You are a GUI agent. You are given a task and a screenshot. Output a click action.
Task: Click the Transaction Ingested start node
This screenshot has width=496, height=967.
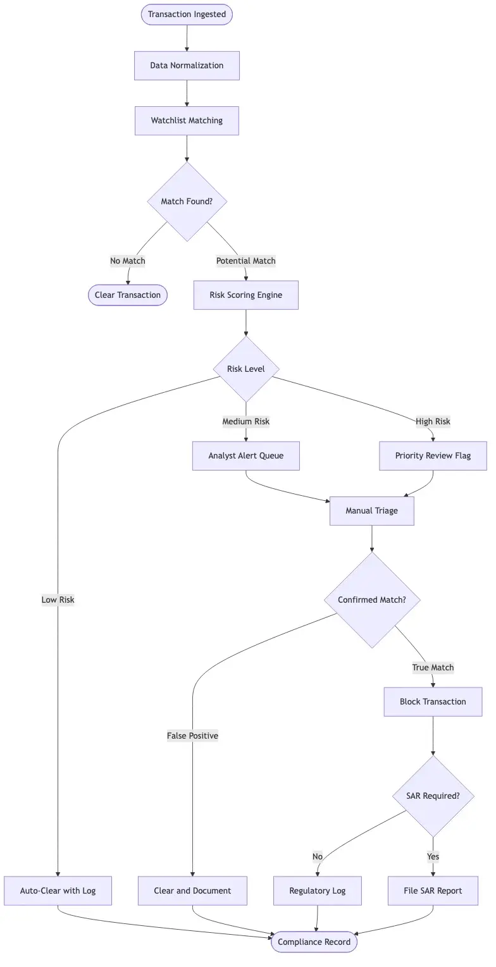[187, 15]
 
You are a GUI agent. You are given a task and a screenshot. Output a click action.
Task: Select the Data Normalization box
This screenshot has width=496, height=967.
[187, 66]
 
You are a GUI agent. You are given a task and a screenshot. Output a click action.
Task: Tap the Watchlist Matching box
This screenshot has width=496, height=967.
[187, 121]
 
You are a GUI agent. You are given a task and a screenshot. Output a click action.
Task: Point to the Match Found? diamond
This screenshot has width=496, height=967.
[187, 202]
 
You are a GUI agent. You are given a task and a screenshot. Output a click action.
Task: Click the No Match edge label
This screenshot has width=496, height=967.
[128, 261]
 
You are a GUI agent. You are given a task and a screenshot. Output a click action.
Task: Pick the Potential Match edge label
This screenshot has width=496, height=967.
[246, 261]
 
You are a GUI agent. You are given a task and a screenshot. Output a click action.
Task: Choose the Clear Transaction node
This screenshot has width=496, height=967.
[128, 295]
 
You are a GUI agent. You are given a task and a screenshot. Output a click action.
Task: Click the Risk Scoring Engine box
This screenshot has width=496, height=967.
[246, 295]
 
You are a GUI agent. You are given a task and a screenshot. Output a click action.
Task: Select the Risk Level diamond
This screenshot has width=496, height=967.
[246, 369]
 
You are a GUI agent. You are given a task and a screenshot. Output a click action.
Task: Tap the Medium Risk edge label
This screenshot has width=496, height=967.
[246, 422]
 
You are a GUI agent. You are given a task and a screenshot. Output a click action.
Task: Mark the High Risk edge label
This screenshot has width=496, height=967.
[433, 422]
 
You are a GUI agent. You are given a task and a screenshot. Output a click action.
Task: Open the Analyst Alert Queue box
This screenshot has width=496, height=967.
[246, 456]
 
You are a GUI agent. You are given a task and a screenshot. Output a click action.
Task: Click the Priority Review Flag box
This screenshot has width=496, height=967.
[433, 456]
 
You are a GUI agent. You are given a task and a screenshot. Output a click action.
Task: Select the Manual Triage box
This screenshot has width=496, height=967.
[372, 511]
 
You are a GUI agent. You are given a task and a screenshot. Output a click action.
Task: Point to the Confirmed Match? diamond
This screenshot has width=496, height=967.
[372, 600]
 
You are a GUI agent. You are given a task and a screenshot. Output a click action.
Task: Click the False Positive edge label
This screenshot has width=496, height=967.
[192, 736]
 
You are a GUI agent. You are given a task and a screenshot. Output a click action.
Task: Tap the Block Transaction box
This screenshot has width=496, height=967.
[433, 702]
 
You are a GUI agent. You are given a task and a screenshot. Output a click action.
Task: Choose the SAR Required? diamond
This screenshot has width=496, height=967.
[433, 796]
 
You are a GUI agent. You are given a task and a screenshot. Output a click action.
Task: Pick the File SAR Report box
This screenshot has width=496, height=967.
[433, 891]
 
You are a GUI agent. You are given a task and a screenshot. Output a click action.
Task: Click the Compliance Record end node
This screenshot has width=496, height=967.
[314, 942]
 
